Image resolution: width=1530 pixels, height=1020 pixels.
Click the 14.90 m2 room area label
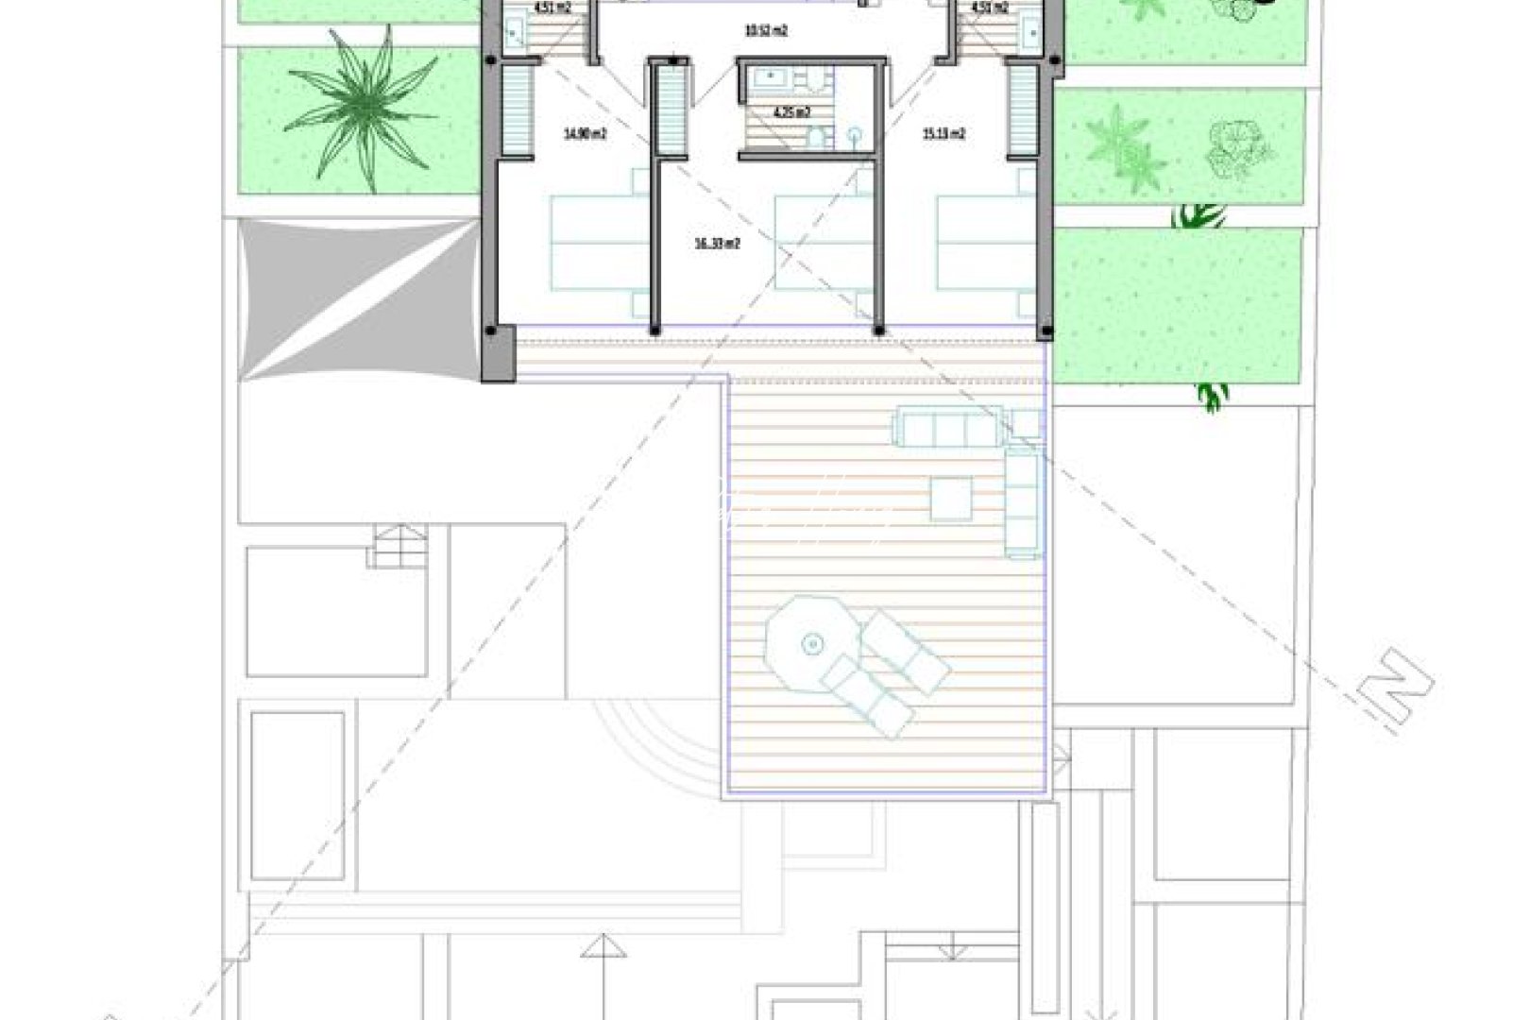coord(585,134)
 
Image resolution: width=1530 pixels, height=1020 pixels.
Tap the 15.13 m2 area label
coord(943,134)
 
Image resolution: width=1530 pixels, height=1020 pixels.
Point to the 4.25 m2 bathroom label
coord(790,112)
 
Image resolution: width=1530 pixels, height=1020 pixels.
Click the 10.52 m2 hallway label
coord(766,30)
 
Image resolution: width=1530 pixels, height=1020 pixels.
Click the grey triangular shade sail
coord(357,299)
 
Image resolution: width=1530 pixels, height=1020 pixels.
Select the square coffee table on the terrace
coord(951,499)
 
